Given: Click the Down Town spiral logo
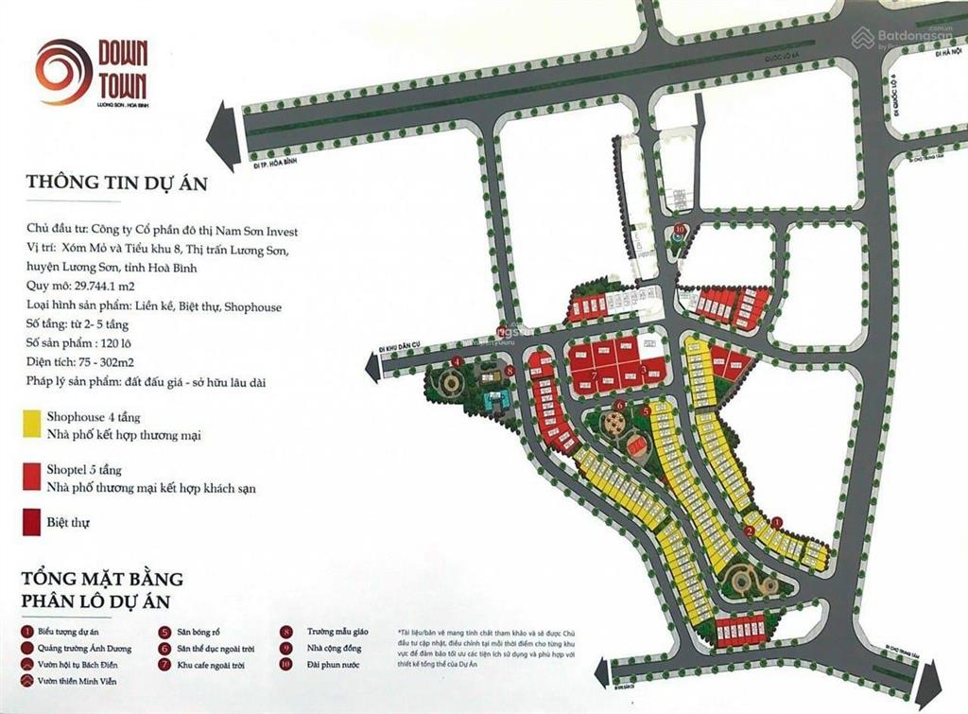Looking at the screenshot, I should [63, 71].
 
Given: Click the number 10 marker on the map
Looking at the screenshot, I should [680, 230].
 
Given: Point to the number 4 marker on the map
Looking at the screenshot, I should [458, 361].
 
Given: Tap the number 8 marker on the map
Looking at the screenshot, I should [510, 372].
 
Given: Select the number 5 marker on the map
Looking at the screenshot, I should [646, 411].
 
